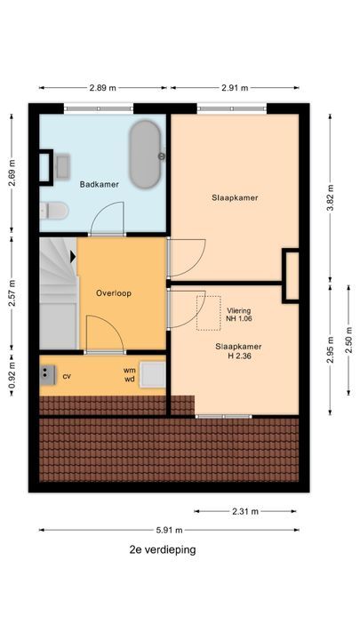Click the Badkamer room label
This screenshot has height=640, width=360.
click(100, 185)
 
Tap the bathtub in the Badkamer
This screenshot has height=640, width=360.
click(145, 155)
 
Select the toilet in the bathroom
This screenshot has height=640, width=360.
click(53, 211)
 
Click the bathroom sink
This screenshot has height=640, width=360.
click(62, 166)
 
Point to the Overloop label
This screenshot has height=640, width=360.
click(114, 293)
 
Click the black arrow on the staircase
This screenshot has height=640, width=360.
click(73, 257)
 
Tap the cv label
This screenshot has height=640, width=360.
click(67, 376)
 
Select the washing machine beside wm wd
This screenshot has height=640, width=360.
click(153, 375)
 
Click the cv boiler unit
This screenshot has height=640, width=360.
click(47, 375)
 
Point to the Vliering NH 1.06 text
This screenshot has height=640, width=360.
click(239, 315)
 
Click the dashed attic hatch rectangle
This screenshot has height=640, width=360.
click(209, 313)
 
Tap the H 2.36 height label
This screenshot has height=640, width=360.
click(239, 356)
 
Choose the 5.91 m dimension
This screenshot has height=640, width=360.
click(170, 530)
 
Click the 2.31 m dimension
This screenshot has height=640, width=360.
click(245, 511)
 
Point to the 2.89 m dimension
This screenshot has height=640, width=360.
click(103, 88)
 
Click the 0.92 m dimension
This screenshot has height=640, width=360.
click(12, 373)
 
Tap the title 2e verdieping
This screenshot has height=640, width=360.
click(163, 549)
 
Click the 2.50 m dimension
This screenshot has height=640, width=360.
click(349, 340)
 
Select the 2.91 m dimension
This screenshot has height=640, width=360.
click(235, 88)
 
